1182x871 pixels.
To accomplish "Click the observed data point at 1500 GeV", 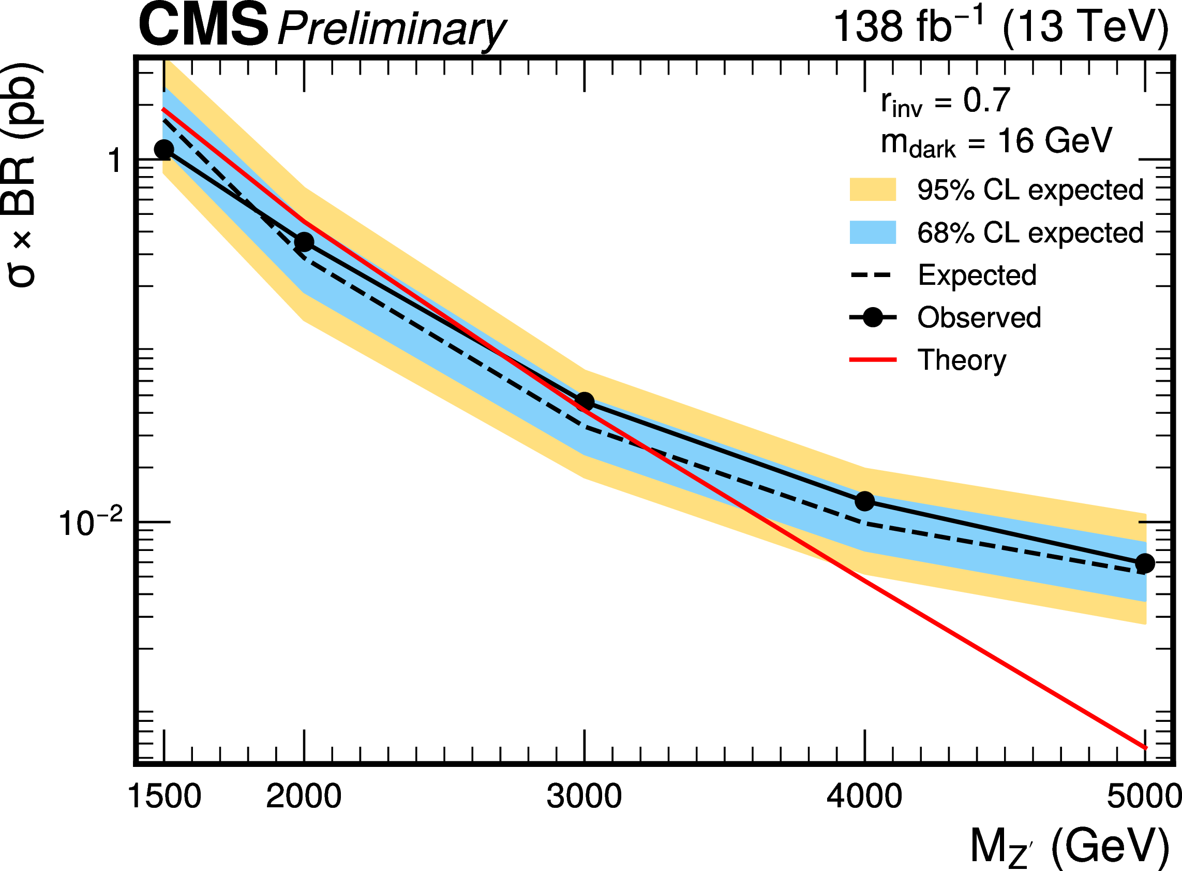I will (x=164, y=149).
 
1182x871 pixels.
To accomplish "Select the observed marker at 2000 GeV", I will (x=304, y=242).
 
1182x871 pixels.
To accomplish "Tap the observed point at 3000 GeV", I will (x=584, y=402).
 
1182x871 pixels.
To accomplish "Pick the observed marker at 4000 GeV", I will (x=865, y=501).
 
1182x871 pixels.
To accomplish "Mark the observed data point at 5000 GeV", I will (x=1145, y=563).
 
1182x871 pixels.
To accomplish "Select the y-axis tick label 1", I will (x=115, y=161).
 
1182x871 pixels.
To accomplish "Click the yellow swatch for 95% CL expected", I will (x=872, y=190).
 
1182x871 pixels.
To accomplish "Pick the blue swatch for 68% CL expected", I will (x=872, y=232).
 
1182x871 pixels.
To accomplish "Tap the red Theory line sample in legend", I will (x=872, y=359).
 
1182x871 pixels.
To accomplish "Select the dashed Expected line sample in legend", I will (x=872, y=274).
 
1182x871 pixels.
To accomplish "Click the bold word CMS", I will (x=203, y=25).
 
